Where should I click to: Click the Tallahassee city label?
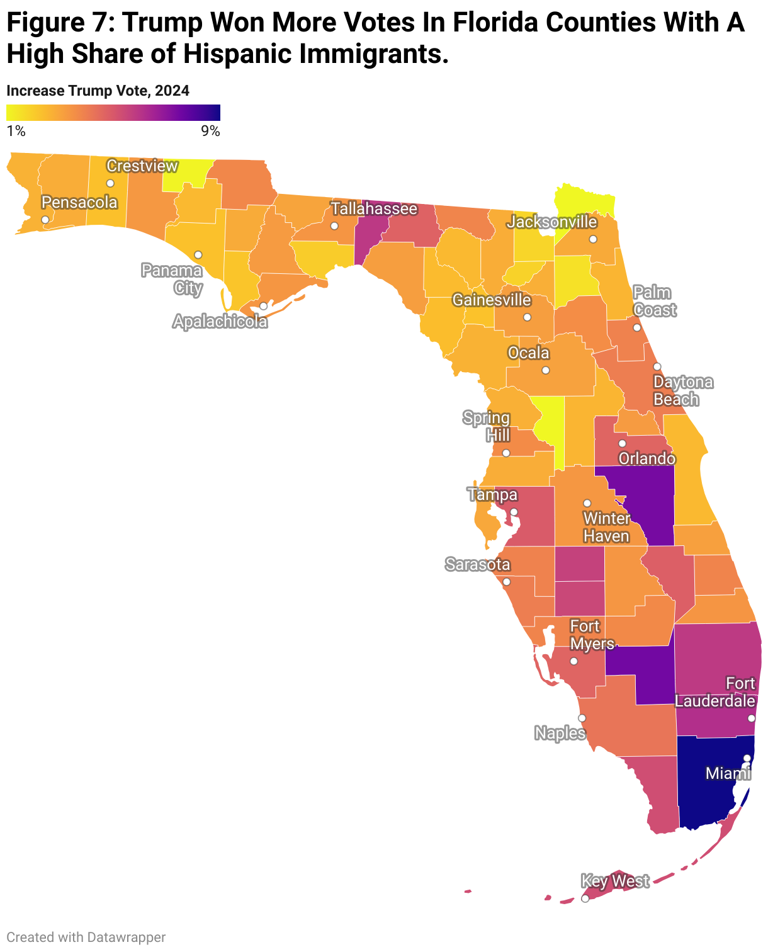click(x=374, y=208)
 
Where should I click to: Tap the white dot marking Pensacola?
click(x=45, y=220)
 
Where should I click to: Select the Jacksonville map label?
click(x=552, y=222)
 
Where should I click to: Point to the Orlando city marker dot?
click(x=622, y=443)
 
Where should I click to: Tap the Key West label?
click(x=614, y=881)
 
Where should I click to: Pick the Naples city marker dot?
click(x=582, y=718)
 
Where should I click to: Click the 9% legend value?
click(x=210, y=131)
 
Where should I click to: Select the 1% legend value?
click(x=16, y=131)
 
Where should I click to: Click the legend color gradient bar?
click(x=113, y=113)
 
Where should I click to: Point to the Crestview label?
click(x=142, y=166)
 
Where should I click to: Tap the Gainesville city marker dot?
click(x=527, y=317)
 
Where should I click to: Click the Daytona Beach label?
click(x=683, y=390)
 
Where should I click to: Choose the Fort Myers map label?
click(x=585, y=635)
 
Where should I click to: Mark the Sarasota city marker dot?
click(x=506, y=581)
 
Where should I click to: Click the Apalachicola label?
click(x=220, y=322)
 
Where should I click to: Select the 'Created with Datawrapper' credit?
click(x=86, y=937)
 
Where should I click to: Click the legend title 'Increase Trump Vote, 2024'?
click(x=98, y=91)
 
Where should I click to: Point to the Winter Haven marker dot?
click(x=587, y=503)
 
